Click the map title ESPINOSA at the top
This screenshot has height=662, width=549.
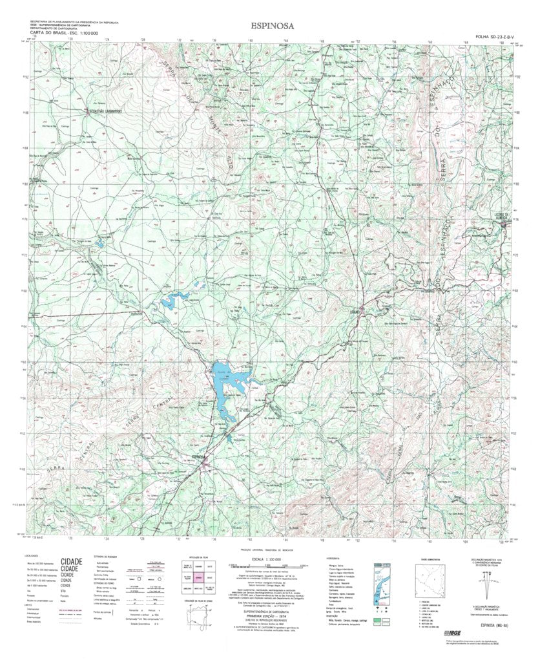click(274, 27)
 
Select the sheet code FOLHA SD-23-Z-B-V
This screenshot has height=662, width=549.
click(495, 37)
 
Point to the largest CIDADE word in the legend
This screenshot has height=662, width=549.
click(71, 562)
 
